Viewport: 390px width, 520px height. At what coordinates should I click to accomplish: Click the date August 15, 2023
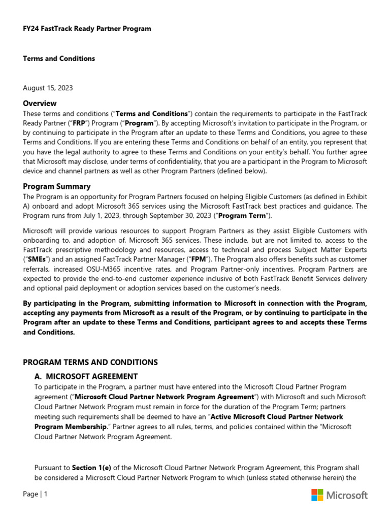click(x=48, y=88)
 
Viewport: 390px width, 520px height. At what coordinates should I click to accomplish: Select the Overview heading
click(x=40, y=103)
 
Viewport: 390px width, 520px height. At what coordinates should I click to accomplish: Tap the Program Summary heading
click(x=57, y=186)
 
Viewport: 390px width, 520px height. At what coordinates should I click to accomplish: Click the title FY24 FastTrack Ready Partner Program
click(x=87, y=28)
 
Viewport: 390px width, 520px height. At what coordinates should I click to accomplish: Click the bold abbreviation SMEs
click(x=35, y=259)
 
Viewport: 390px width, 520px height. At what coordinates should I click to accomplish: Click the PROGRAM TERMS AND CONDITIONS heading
click(x=90, y=362)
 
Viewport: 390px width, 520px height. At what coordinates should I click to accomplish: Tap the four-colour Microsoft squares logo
click(x=317, y=495)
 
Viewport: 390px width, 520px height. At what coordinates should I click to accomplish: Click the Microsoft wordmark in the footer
click(x=347, y=495)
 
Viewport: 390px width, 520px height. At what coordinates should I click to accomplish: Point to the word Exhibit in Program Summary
click(x=355, y=196)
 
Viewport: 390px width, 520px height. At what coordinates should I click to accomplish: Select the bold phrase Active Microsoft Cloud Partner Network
click(x=277, y=416)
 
